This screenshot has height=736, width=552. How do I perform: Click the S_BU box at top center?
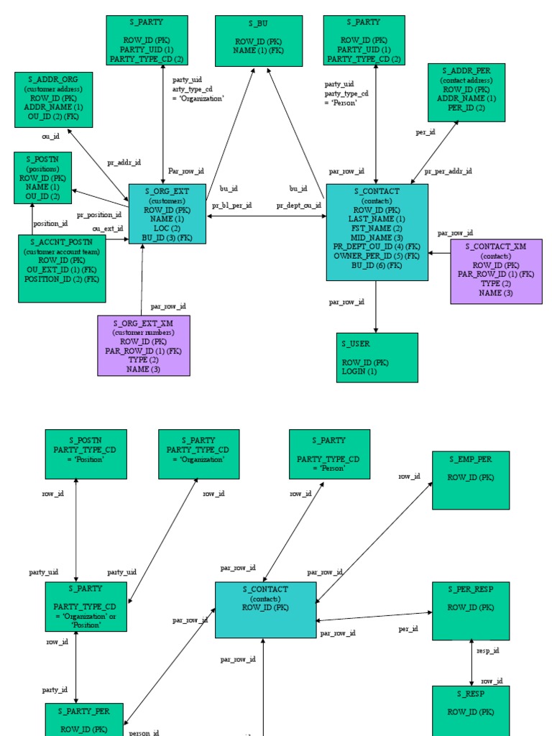click(x=258, y=42)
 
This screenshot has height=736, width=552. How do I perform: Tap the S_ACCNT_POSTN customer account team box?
click(x=62, y=269)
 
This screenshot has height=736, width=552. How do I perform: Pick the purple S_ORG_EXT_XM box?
click(x=144, y=346)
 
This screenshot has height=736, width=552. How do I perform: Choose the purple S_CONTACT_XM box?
click(x=496, y=272)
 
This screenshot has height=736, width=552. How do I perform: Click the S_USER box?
click(x=377, y=357)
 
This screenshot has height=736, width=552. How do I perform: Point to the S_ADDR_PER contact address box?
click(x=466, y=93)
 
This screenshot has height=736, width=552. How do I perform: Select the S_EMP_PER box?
click(x=471, y=480)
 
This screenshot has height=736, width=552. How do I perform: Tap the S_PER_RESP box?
click(x=471, y=610)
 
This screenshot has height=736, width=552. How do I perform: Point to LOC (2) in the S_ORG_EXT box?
click(x=167, y=228)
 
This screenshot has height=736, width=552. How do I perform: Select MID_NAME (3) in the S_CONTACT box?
click(x=377, y=237)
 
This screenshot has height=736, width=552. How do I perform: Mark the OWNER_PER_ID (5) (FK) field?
click(x=377, y=256)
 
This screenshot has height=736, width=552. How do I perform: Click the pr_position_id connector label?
click(x=99, y=214)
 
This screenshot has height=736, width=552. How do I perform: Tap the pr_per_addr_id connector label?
click(x=448, y=171)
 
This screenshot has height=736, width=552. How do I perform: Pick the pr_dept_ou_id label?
click(x=298, y=206)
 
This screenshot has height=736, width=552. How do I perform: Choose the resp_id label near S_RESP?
click(x=488, y=650)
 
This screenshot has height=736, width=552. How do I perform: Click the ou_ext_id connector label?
click(x=107, y=229)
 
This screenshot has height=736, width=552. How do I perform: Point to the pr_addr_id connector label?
click(x=124, y=162)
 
